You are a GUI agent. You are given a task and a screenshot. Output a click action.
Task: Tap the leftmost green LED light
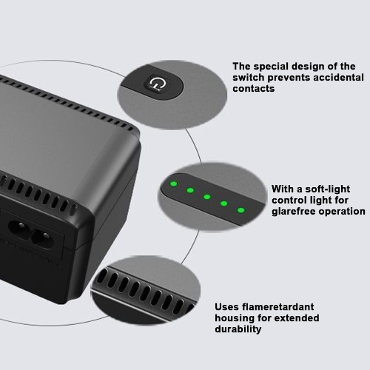point(174,184)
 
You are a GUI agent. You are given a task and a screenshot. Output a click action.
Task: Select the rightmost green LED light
point(241,210)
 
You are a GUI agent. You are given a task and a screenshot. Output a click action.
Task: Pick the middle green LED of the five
point(207,197)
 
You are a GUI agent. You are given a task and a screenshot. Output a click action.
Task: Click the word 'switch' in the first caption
point(249,78)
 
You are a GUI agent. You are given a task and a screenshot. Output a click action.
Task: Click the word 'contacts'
point(254,89)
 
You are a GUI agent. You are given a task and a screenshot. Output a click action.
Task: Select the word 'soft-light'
point(328,189)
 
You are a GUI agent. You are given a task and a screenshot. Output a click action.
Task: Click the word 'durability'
point(238,329)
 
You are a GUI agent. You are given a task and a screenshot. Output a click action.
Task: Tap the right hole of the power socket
point(44,239)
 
